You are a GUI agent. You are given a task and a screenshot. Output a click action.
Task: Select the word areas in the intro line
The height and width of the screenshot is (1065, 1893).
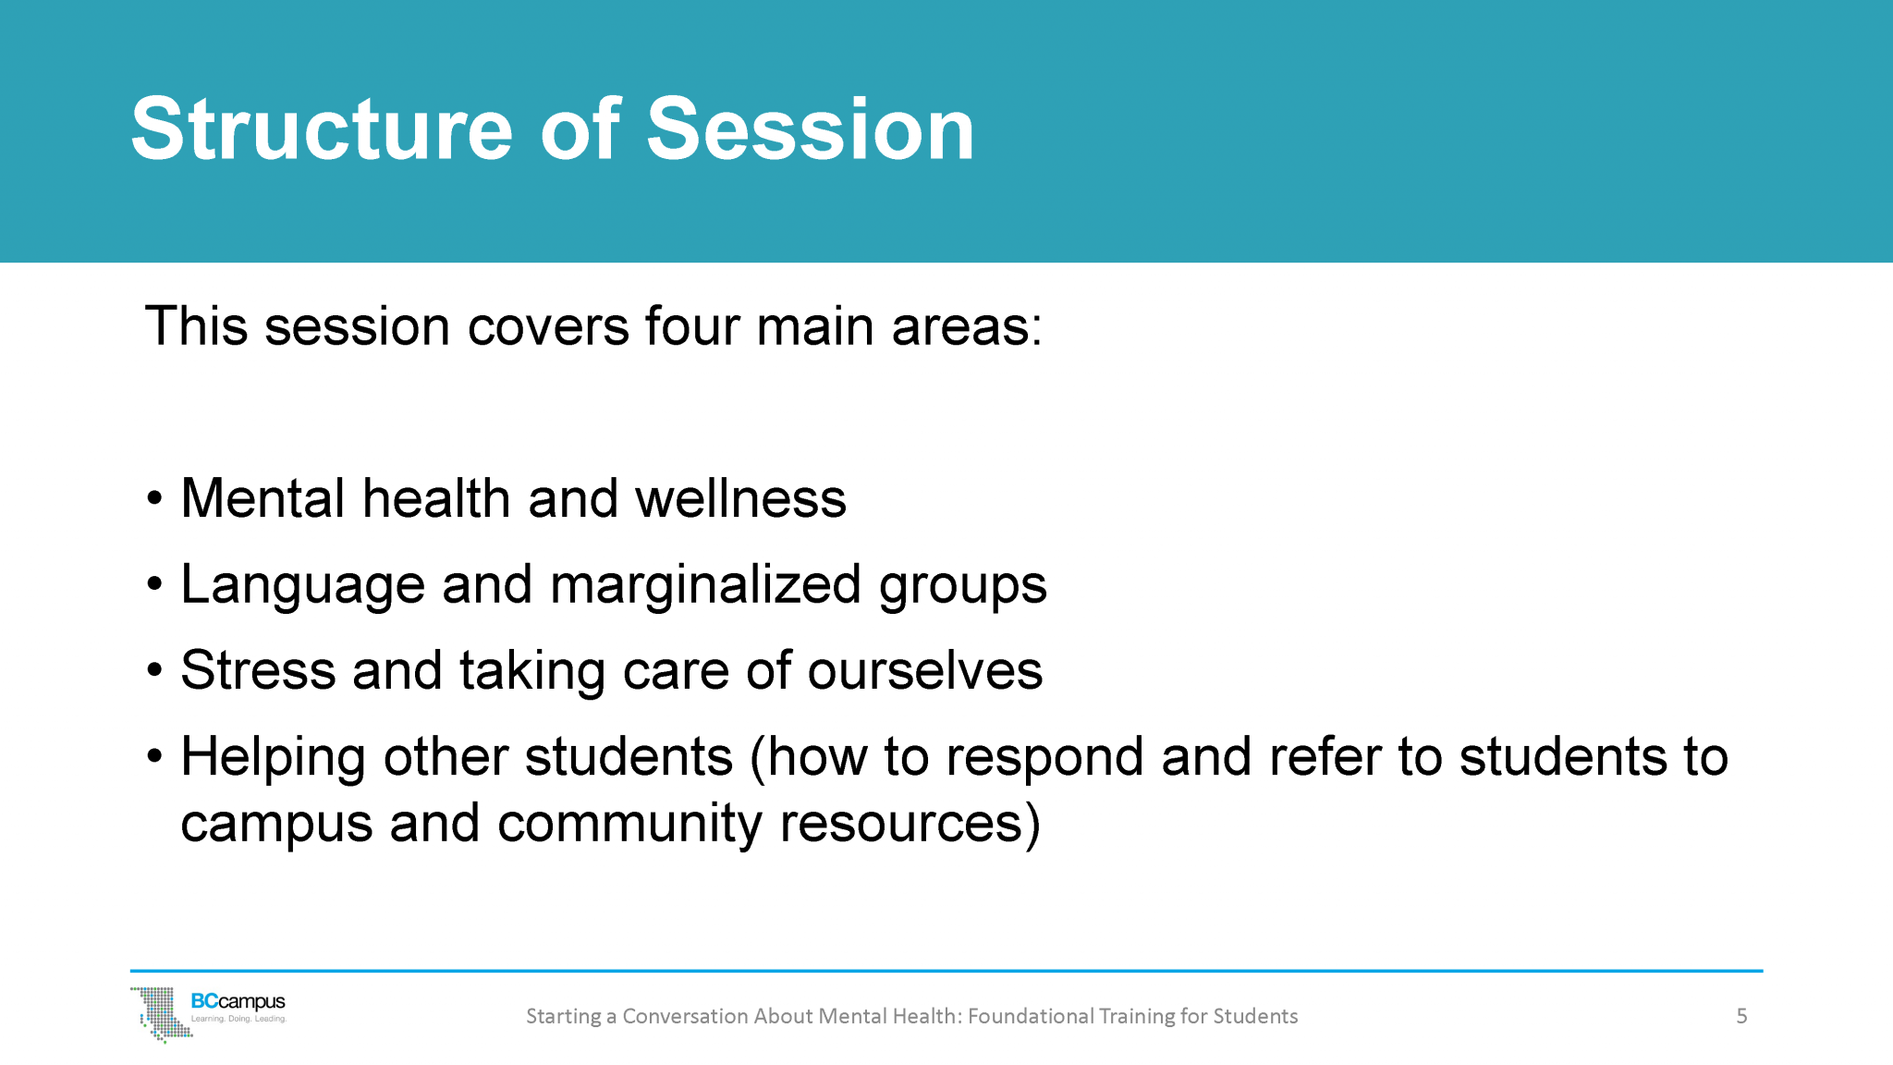pos(966,326)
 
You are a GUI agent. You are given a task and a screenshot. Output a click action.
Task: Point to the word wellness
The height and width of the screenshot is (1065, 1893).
pos(740,499)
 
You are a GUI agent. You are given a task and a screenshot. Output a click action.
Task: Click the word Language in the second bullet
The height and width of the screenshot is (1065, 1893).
pos(302,585)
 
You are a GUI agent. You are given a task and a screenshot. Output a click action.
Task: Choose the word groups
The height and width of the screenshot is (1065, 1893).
pos(962,585)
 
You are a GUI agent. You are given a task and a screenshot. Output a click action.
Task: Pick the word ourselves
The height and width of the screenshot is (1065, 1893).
pos(924,671)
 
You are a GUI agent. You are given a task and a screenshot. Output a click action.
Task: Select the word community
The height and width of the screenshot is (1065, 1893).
pos(629,824)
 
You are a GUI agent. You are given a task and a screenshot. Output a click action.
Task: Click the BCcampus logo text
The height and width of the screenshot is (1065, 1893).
pos(238,1002)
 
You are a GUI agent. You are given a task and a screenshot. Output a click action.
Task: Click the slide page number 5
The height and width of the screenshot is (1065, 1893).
pos(1741,1016)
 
